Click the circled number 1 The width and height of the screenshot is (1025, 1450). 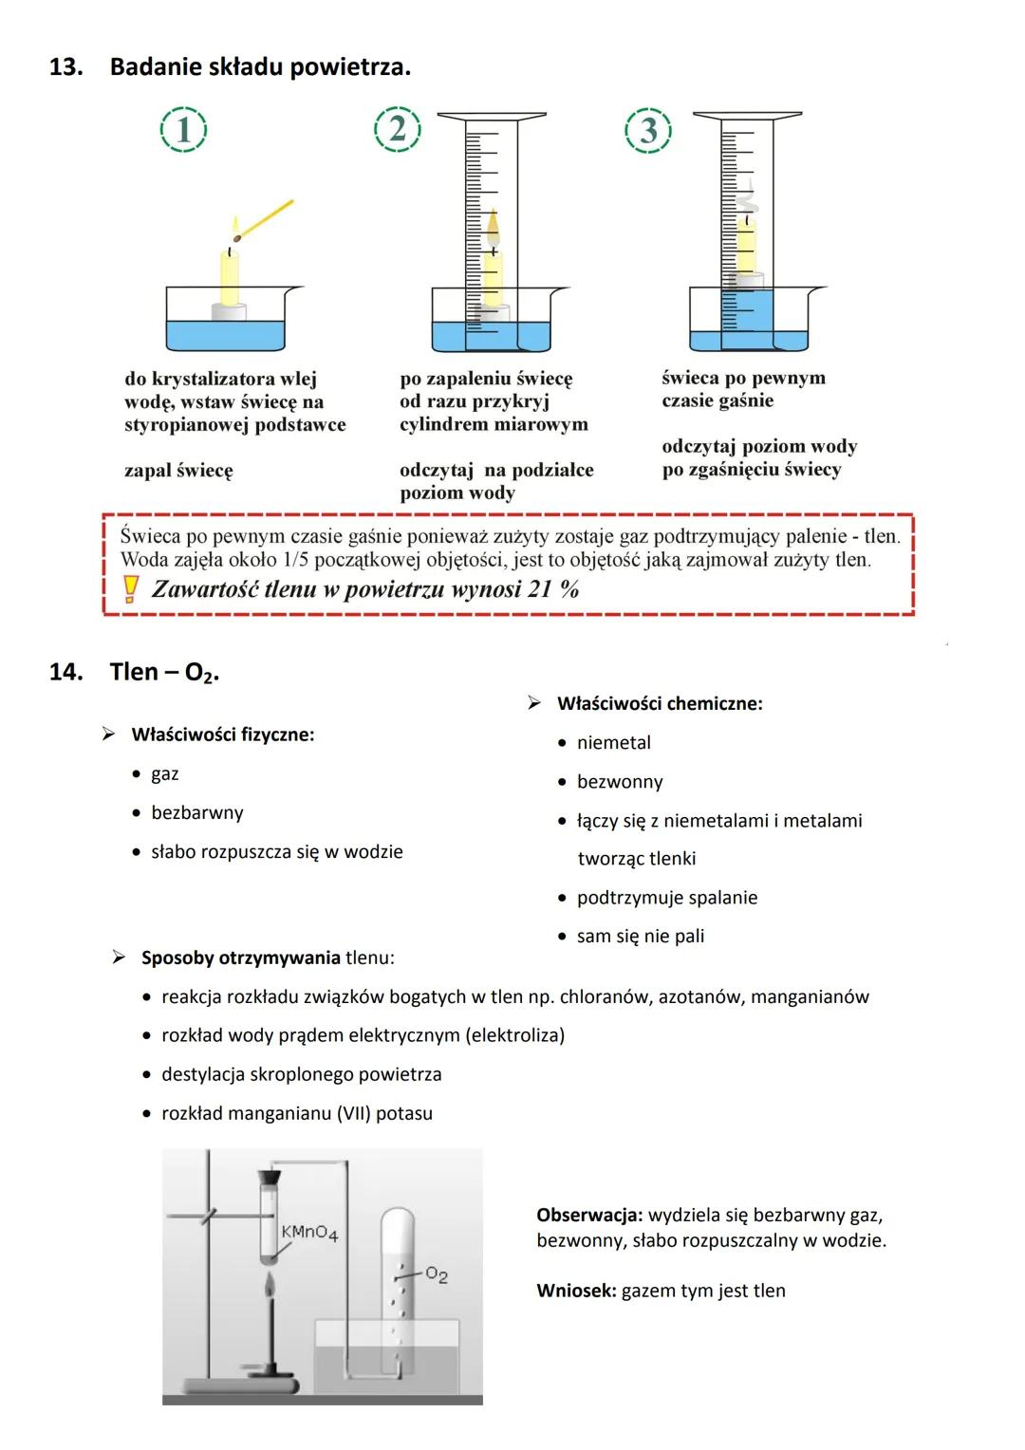(184, 130)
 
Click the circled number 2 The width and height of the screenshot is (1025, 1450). (398, 129)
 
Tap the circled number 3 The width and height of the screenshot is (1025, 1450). (648, 131)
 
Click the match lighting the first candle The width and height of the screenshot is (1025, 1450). (265, 219)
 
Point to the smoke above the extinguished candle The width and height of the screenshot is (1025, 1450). (745, 199)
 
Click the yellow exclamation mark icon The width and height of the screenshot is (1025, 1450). (131, 590)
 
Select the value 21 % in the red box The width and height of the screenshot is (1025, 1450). (553, 589)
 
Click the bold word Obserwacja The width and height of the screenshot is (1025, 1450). (589, 1215)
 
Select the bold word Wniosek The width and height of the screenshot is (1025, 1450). (576, 1291)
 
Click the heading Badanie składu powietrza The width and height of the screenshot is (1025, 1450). (260, 67)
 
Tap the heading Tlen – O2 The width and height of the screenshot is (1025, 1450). (164, 672)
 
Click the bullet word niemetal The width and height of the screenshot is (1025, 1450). (613, 743)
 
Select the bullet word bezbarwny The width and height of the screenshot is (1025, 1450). (196, 813)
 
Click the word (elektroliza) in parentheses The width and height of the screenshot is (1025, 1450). (514, 1035)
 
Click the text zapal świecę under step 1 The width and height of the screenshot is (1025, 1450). (178, 471)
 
